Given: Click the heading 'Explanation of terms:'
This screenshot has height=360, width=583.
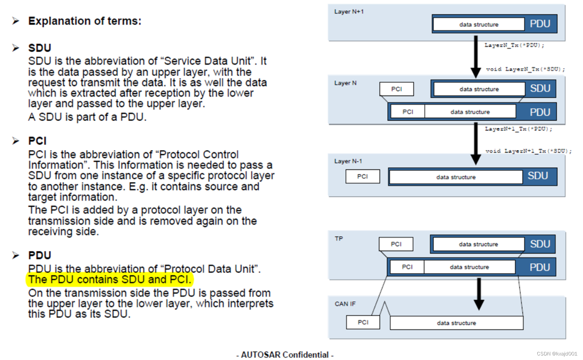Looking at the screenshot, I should [x=85, y=21].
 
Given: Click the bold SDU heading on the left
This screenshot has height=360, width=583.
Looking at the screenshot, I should [x=40, y=48].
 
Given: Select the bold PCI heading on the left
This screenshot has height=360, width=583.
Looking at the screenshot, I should [x=37, y=141].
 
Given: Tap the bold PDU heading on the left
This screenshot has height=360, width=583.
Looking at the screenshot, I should [x=40, y=255].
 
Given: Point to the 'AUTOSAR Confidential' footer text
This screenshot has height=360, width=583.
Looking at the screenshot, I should [x=285, y=355].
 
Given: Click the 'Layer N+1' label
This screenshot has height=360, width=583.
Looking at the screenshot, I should [x=349, y=12].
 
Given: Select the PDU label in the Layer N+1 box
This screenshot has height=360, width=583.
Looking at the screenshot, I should [x=540, y=24].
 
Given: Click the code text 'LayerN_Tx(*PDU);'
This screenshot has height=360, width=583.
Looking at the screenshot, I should [x=514, y=45].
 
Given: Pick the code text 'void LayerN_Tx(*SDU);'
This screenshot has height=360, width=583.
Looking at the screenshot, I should [x=525, y=69].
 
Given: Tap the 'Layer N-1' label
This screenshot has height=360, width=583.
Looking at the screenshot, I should [x=348, y=161].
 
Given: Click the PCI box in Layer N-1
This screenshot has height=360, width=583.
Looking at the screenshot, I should [x=362, y=176].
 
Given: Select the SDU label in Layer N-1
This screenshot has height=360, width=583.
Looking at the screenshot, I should [x=538, y=176].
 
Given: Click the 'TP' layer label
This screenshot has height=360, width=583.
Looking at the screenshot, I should [x=338, y=238].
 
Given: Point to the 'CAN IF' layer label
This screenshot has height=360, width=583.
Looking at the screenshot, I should [x=345, y=304].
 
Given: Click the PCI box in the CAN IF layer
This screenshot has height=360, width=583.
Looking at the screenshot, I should [x=363, y=322].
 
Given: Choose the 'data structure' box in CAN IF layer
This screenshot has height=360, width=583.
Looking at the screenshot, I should [x=456, y=323].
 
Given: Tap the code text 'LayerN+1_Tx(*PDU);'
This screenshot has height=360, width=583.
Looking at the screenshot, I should [x=518, y=129].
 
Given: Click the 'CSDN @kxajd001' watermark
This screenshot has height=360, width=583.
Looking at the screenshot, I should [x=557, y=354].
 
